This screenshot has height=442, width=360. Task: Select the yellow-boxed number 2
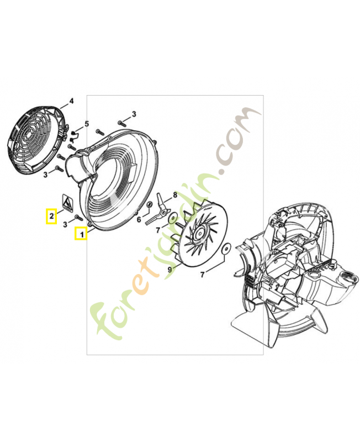click(x=51, y=217)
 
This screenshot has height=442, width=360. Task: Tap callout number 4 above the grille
click(x=71, y=101)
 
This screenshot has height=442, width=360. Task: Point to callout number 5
click(x=87, y=123)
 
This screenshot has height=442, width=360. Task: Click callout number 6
click(x=139, y=219)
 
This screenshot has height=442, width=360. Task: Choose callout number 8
click(x=175, y=194)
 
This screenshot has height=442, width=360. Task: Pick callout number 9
click(x=170, y=270)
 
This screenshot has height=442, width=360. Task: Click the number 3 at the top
click(x=134, y=114)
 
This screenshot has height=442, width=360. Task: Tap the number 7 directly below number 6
click(x=158, y=230)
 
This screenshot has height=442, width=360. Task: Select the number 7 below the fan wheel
click(x=202, y=274)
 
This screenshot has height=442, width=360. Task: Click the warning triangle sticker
click(x=67, y=202)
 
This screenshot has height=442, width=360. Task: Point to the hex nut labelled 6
click(x=150, y=204)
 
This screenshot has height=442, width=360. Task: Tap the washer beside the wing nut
click(x=171, y=218)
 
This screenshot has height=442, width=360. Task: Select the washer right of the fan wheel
click(x=226, y=249)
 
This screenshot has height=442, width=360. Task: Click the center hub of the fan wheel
click(x=200, y=233)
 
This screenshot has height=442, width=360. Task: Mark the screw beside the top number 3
click(x=121, y=123)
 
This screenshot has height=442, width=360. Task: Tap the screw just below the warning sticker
click(x=77, y=217)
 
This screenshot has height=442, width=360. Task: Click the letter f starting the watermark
click(x=105, y=320)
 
